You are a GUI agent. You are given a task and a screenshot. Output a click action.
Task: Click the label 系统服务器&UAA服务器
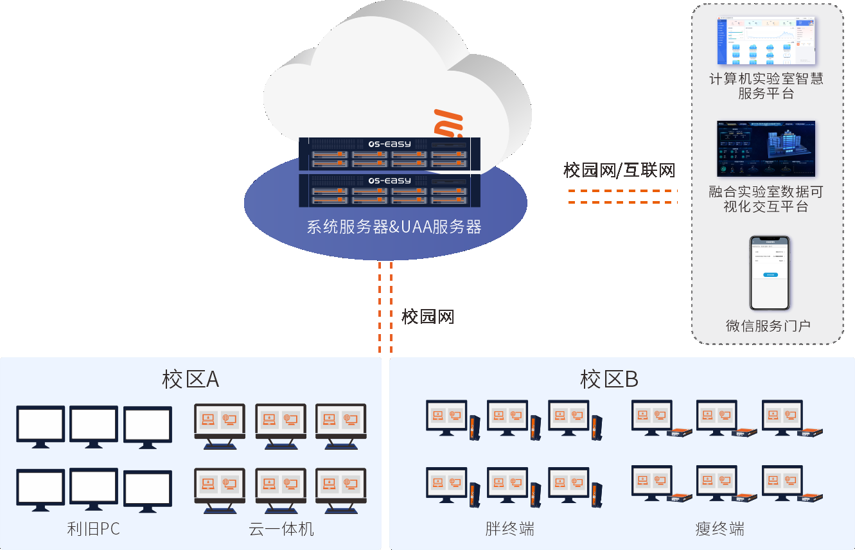pyautogui.click(x=394, y=227)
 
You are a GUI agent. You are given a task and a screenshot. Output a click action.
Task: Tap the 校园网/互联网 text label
pyautogui.click(x=619, y=170)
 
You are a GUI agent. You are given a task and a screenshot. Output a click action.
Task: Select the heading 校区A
pyautogui.click(x=191, y=380)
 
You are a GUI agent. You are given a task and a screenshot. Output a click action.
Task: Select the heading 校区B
pyautogui.click(x=609, y=380)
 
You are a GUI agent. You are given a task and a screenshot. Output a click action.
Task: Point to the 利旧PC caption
pyautogui.click(x=94, y=529)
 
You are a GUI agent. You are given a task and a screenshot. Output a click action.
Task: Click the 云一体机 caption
pyautogui.click(x=281, y=529)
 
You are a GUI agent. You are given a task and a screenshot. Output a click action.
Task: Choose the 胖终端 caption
pyautogui.click(x=510, y=529)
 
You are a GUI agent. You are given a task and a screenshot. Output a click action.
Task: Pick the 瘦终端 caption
pyautogui.click(x=719, y=529)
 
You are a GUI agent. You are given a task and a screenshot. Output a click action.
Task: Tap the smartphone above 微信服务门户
pyautogui.click(x=769, y=273)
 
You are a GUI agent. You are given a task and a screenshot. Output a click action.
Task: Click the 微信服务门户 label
pyautogui.click(x=768, y=326)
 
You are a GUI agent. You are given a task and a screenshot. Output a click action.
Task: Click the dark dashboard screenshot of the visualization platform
pyautogui.click(x=766, y=148)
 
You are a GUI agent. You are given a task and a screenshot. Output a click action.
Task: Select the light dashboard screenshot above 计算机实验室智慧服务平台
pyautogui.click(x=766, y=41)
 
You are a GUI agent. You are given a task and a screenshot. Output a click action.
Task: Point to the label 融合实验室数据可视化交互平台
pyautogui.click(x=766, y=199)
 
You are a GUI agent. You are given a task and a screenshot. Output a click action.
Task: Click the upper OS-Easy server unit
pyautogui.click(x=390, y=154)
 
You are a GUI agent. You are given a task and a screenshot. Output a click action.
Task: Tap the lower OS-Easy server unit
pyautogui.click(x=390, y=190)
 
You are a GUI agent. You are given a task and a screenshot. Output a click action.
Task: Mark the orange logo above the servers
pyautogui.click(x=448, y=123)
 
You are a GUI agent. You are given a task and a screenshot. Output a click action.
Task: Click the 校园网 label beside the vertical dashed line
pyautogui.click(x=428, y=316)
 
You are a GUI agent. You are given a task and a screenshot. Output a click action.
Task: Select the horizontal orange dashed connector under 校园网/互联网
pyautogui.click(x=622, y=197)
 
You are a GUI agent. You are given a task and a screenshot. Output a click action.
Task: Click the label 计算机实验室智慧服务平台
pyautogui.click(x=766, y=86)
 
